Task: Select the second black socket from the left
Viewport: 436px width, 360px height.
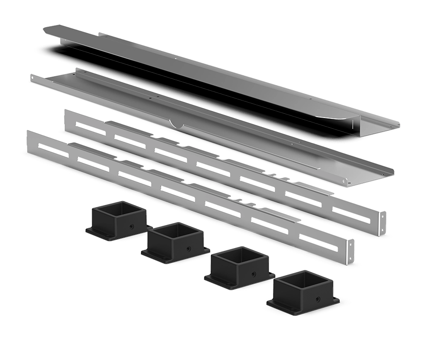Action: (175, 241)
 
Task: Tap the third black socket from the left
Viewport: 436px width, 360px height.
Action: (238, 267)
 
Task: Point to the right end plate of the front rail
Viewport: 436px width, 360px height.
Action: (351, 251)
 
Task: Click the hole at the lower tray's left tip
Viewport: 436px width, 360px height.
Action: (33, 78)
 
